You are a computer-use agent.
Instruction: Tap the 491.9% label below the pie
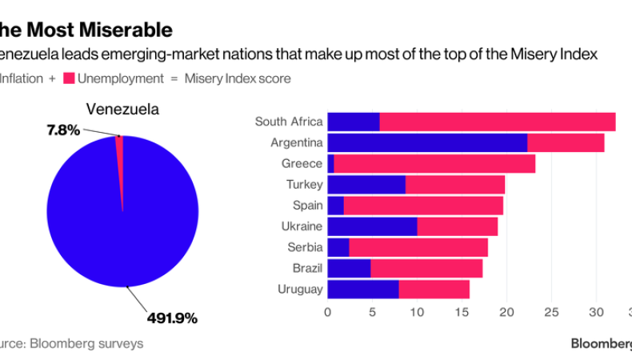click(172, 318)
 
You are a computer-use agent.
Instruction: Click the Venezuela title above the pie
click(122, 109)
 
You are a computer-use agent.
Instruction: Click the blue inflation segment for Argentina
click(427, 142)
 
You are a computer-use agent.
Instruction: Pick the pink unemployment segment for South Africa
click(497, 122)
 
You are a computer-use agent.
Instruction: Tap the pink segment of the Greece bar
click(434, 164)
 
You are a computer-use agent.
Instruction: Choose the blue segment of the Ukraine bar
click(372, 226)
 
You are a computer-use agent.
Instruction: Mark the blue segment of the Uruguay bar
click(363, 289)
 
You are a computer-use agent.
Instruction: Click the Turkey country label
click(304, 185)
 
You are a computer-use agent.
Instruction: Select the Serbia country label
click(305, 247)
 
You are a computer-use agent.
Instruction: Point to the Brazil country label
click(306, 268)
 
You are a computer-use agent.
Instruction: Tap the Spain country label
click(307, 206)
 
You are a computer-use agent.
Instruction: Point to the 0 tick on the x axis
click(327, 313)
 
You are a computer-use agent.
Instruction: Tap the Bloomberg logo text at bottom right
click(601, 343)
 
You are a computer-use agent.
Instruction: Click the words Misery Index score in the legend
click(238, 78)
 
